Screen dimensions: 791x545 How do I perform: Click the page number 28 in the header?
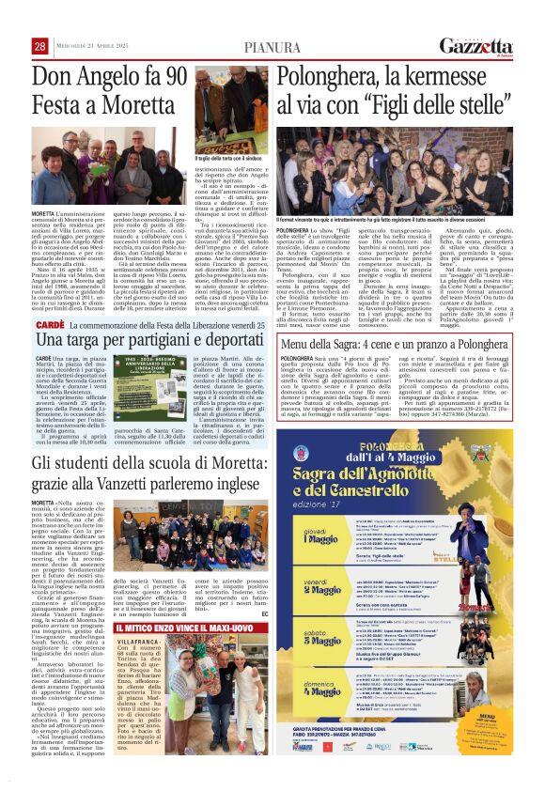click(40, 47)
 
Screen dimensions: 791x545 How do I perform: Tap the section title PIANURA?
click(272, 48)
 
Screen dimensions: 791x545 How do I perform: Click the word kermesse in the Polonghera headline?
click(475, 76)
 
